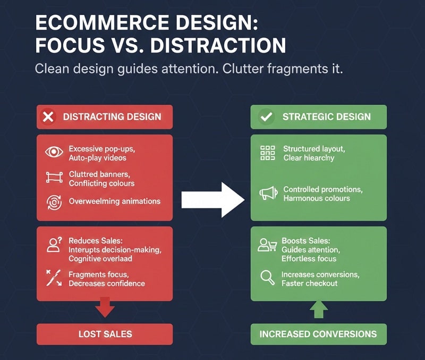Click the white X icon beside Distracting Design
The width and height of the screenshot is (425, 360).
(48, 117)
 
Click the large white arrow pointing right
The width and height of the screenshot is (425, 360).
(212, 200)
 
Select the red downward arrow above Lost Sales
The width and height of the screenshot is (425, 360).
(105, 307)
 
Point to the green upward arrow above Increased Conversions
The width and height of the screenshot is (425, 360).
(318, 309)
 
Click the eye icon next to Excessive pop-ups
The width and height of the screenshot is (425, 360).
(54, 153)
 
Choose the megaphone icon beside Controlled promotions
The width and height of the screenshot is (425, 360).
(268, 194)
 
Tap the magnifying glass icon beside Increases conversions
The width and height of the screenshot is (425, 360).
(267, 278)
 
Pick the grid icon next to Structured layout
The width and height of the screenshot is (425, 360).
(267, 153)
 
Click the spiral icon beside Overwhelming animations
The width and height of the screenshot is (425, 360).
(54, 202)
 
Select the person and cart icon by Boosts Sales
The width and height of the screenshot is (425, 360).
(267, 245)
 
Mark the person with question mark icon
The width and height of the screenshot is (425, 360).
(54, 245)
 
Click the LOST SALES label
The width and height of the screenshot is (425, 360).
(105, 334)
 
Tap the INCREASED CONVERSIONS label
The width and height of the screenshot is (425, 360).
(318, 334)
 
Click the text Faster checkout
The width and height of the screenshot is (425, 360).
(309, 283)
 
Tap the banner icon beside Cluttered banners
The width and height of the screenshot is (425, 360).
(54, 178)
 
